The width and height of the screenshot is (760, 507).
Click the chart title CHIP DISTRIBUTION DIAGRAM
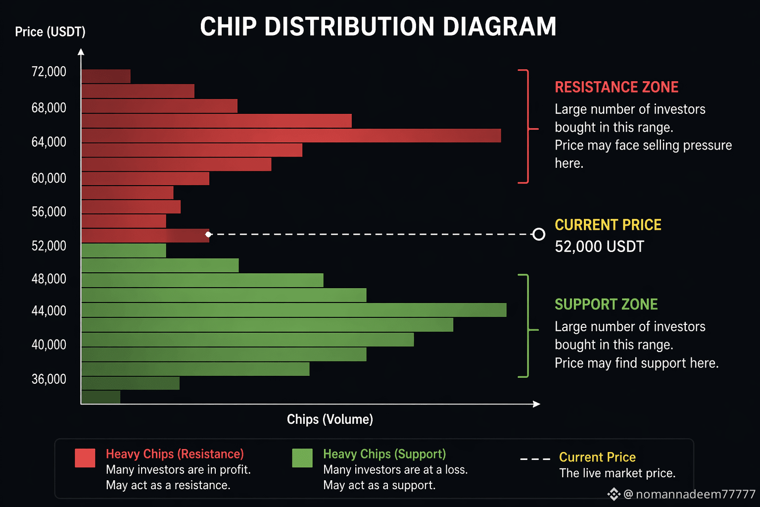(378, 26)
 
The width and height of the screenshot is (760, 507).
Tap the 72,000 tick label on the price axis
(49, 72)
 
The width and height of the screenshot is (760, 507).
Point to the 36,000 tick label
(49, 379)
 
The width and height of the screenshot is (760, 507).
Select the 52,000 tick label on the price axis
(49, 246)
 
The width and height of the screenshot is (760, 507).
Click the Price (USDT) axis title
(50, 32)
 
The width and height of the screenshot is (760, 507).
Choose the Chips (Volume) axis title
(330, 419)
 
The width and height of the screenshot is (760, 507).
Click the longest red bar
(291, 136)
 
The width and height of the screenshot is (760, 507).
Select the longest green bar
(294, 310)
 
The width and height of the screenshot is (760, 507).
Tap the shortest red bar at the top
(106, 76)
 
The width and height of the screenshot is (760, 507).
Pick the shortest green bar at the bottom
(101, 397)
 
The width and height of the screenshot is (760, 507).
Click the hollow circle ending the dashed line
(539, 234)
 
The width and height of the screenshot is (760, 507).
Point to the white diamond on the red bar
(208, 234)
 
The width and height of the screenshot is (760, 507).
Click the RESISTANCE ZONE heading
(617, 87)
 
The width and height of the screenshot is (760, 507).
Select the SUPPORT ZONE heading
(606, 304)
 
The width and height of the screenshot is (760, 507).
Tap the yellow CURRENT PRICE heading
(608, 225)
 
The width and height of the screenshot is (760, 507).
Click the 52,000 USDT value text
(599, 247)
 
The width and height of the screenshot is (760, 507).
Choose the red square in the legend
(85, 458)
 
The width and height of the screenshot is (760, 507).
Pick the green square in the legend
(302, 458)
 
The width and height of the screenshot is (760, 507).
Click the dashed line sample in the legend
(535, 459)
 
